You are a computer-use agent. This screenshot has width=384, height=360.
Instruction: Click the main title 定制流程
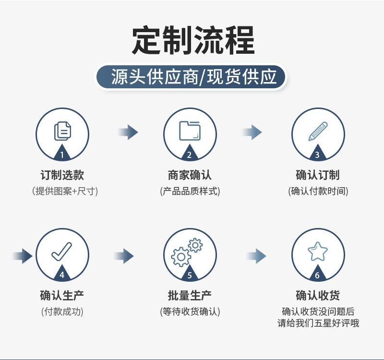(192, 40)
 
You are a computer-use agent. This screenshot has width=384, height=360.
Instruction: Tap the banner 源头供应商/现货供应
(192, 77)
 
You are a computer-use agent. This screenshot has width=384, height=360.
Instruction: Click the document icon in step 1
(62, 130)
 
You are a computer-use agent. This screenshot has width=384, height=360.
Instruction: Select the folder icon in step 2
(190, 130)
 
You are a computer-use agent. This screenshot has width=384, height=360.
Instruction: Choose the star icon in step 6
(318, 251)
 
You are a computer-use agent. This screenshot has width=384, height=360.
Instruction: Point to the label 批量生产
(190, 295)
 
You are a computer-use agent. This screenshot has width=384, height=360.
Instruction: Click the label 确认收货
(318, 295)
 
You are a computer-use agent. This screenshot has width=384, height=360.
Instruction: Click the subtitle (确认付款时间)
(318, 191)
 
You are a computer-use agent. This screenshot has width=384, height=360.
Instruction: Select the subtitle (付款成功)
(62, 312)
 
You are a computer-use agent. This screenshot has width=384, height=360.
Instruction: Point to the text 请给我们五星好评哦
(318, 323)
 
